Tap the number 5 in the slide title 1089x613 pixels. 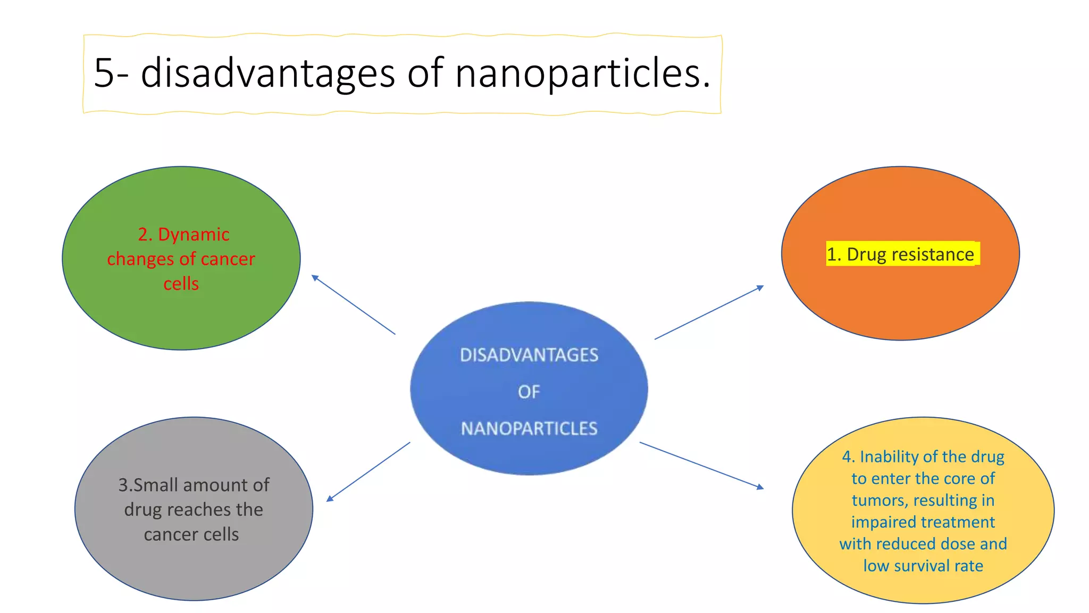104,73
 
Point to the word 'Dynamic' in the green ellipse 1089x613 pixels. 194,235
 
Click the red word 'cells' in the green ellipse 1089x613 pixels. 181,284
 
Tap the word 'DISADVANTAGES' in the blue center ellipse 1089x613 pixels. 529,355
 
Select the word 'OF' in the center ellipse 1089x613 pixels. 529,392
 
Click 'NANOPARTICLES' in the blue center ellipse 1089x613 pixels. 529,428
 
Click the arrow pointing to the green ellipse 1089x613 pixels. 354,305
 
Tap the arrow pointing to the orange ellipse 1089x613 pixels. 709,312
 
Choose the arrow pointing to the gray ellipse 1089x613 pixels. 368,471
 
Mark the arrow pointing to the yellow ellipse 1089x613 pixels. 701,465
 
